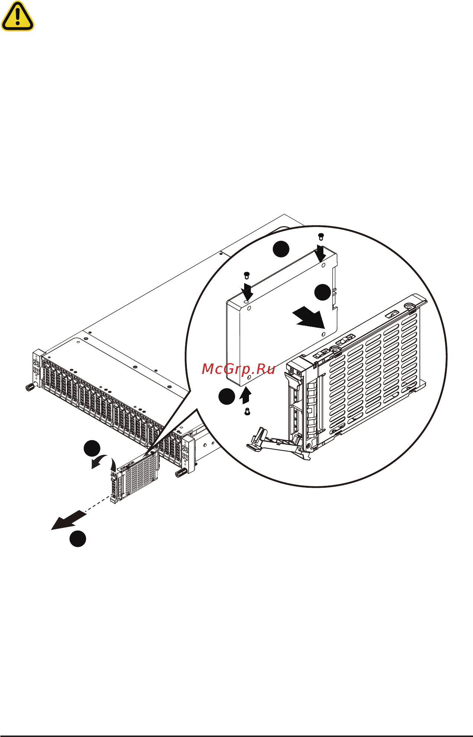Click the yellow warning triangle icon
(17, 16)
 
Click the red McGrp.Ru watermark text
(238, 369)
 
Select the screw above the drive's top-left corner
(246, 275)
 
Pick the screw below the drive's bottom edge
(247, 411)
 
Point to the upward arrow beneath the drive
(245, 396)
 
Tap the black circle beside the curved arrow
(92, 448)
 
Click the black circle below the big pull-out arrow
(78, 539)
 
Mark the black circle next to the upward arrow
(226, 396)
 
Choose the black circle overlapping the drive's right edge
(322, 292)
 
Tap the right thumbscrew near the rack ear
(181, 473)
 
